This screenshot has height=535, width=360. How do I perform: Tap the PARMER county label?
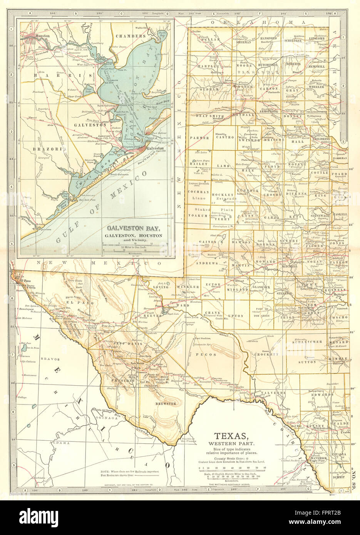point(199,137)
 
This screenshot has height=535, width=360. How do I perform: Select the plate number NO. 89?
point(354,478)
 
